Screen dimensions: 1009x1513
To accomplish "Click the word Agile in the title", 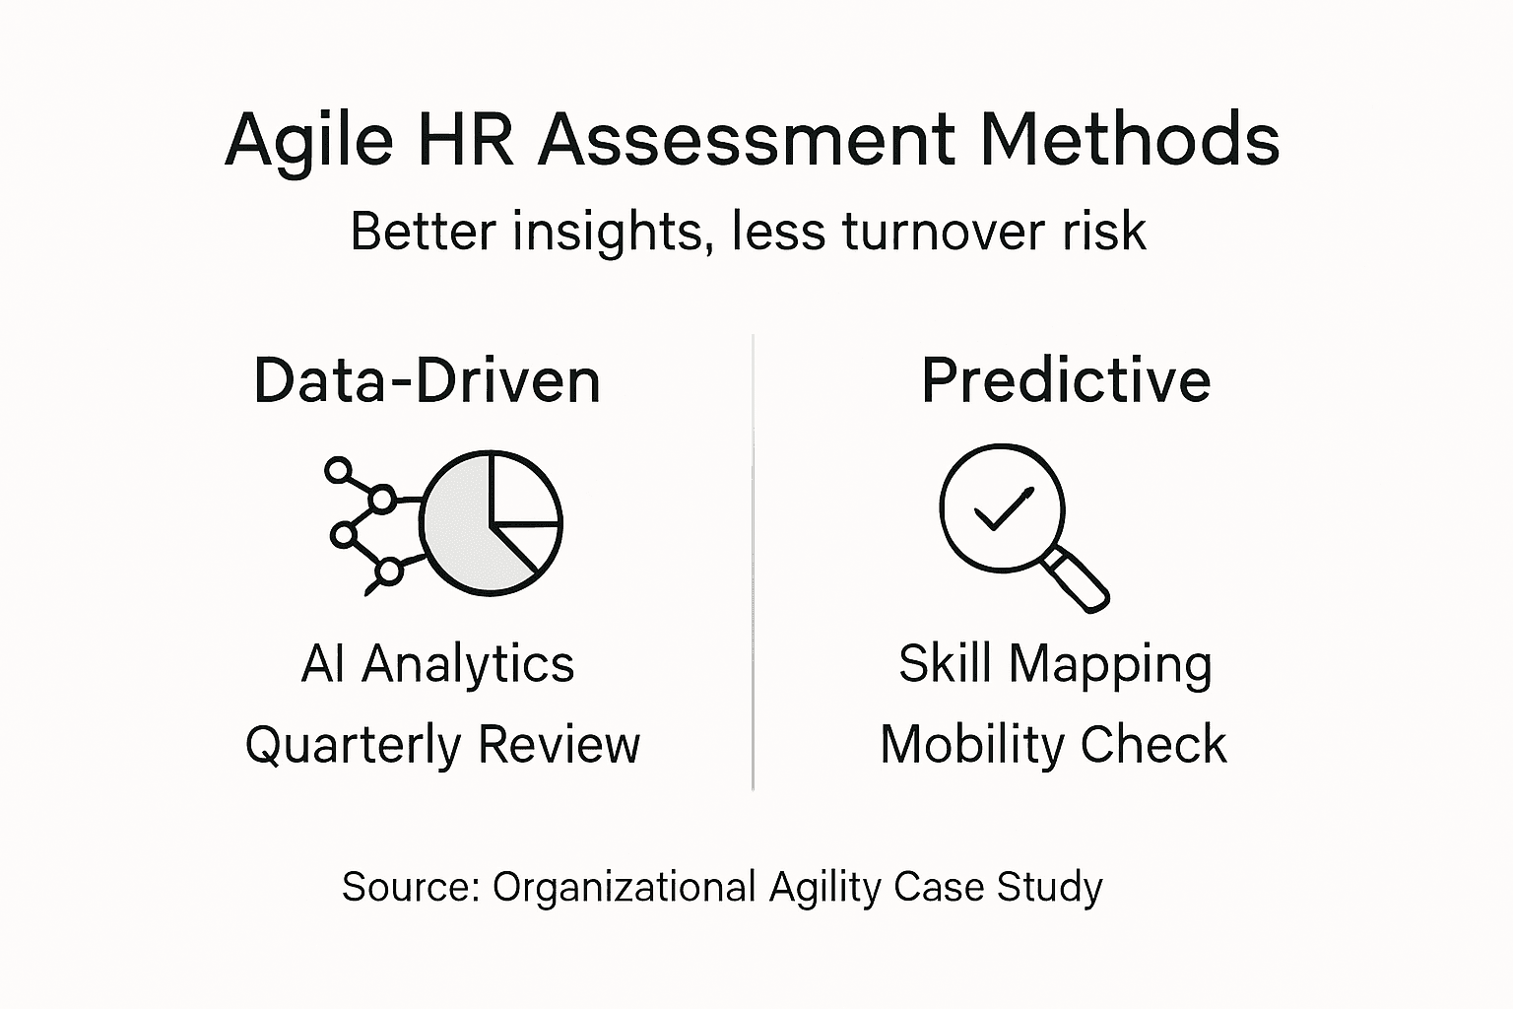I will (x=307, y=141).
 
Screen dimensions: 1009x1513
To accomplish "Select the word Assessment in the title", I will (x=747, y=139).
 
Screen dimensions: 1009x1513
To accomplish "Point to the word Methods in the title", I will (x=1129, y=139).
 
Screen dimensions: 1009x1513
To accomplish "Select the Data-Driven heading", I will (x=427, y=380).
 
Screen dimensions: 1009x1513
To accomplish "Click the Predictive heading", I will (x=1066, y=380).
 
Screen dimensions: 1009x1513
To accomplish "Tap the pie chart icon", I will (x=491, y=523).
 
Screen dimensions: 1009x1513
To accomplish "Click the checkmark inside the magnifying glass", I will (x=1003, y=508).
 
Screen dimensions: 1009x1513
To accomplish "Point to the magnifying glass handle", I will (x=1077, y=580).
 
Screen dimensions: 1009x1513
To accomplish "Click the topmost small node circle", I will (x=339, y=470).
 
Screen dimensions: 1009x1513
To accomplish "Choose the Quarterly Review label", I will (x=442, y=744).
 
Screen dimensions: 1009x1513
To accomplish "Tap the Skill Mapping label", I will (x=1055, y=665).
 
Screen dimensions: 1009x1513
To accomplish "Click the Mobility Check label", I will (x=1053, y=744).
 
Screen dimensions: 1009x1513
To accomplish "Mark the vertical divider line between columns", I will (x=754, y=562).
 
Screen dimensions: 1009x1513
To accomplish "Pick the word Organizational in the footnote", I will (x=624, y=887).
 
